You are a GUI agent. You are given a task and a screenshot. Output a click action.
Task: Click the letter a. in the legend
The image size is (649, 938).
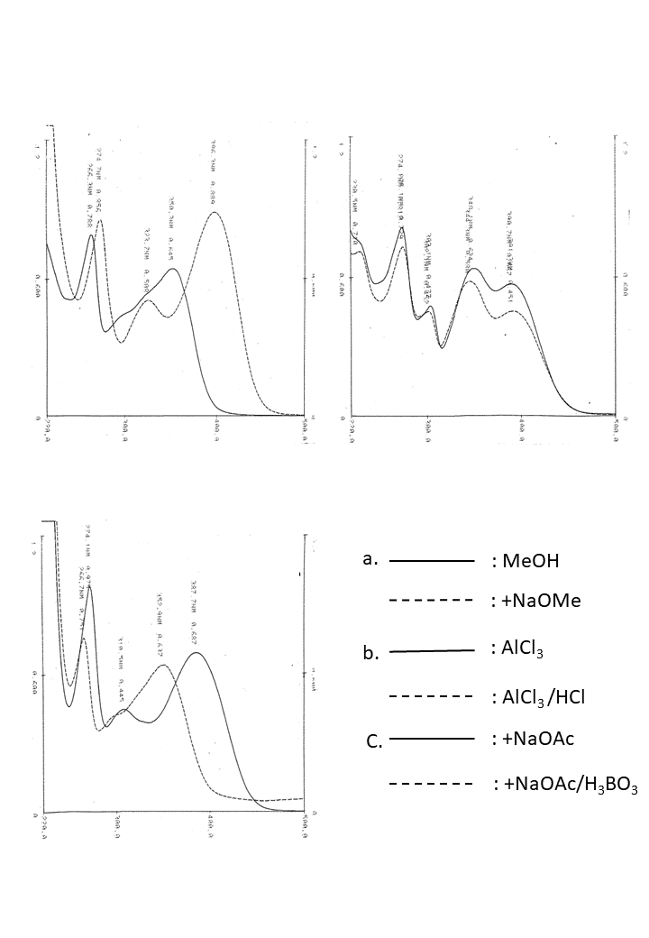click(368, 558)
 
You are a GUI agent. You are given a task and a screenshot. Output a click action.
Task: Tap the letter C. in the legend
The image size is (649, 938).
click(375, 741)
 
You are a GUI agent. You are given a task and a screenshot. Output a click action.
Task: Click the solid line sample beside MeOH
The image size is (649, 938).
click(432, 561)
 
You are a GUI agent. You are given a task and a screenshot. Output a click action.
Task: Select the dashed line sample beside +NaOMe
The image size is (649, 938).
click(432, 600)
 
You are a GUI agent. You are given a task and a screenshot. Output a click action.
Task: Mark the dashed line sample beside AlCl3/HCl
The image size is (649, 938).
click(432, 696)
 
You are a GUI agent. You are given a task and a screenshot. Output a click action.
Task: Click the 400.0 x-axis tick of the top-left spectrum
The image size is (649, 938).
click(216, 430)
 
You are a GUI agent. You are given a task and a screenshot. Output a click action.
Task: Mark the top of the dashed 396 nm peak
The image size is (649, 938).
click(215, 212)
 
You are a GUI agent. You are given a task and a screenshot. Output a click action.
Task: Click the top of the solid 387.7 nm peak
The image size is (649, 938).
click(197, 653)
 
